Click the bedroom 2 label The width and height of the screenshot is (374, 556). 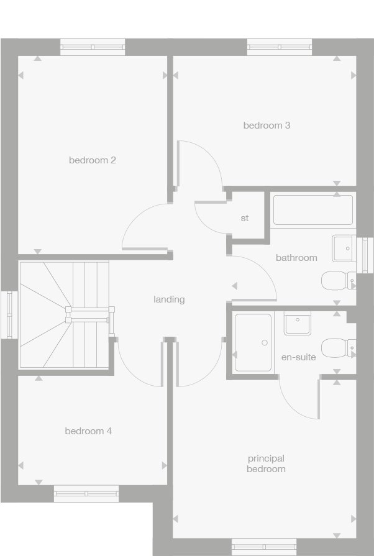(93, 160)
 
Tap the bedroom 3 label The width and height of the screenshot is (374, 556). (267, 125)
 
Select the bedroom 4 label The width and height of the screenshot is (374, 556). (88, 431)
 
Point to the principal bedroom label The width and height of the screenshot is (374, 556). (266, 464)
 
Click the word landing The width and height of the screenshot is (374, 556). (169, 299)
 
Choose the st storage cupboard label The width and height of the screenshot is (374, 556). (245, 219)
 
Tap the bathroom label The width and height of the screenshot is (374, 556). (296, 258)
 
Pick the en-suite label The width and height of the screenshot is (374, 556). (299, 357)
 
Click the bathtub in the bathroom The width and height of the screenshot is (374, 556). (313, 210)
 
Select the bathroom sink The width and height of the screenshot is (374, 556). (344, 248)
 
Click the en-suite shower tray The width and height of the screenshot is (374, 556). (253, 343)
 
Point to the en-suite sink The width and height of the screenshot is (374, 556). (298, 323)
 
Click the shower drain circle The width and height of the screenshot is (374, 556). (265, 342)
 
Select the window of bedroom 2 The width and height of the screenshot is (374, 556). (93, 47)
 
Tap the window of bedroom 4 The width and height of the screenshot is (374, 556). (86, 493)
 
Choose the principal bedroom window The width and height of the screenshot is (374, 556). (264, 547)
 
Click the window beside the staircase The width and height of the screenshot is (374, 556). (9, 314)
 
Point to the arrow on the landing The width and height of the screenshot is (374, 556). (234, 286)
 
